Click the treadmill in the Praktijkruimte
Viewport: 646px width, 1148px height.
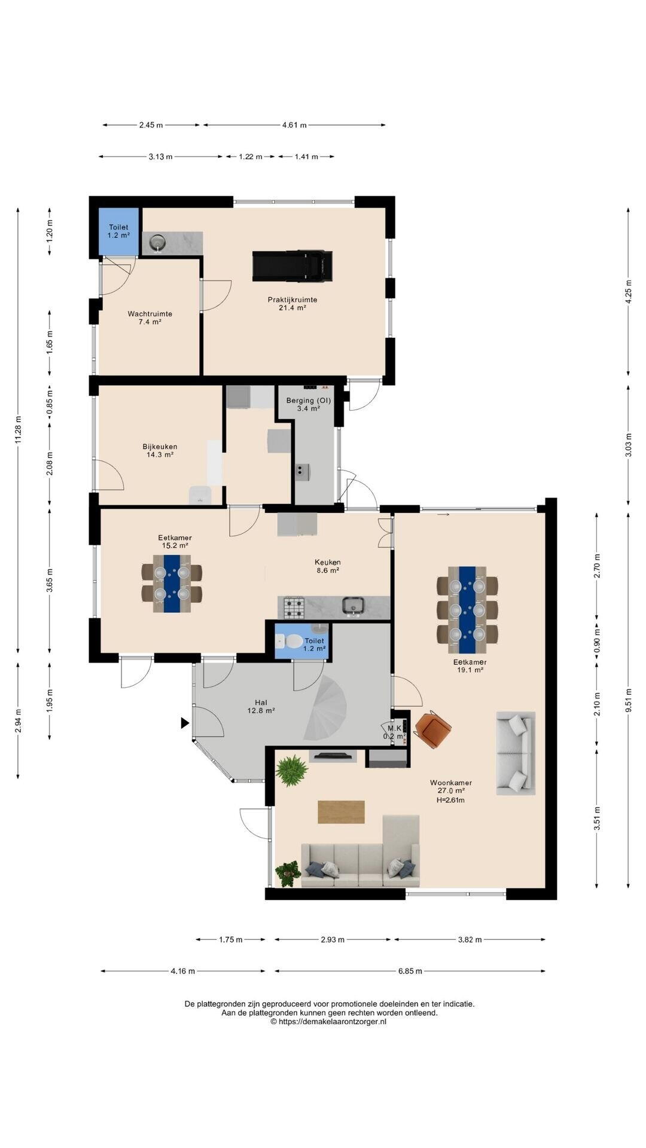[292, 266]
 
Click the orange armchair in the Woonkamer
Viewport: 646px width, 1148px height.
[434, 728]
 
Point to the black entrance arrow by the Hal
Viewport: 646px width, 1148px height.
[185, 723]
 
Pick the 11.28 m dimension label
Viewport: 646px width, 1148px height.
[18, 429]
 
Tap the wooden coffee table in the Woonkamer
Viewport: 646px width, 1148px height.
[341, 812]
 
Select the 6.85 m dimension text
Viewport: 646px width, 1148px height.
[410, 971]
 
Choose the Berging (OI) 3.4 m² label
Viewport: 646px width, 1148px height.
[309, 404]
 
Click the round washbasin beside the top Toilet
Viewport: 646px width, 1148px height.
[157, 243]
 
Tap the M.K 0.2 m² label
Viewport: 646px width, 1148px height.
[394, 732]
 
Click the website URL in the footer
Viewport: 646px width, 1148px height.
[328, 1022]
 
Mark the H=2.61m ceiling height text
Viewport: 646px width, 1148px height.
[450, 800]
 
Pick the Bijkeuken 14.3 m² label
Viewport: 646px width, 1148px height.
[160, 450]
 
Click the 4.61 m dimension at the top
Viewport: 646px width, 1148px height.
[294, 125]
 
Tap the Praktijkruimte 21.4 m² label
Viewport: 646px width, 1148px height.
[292, 304]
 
